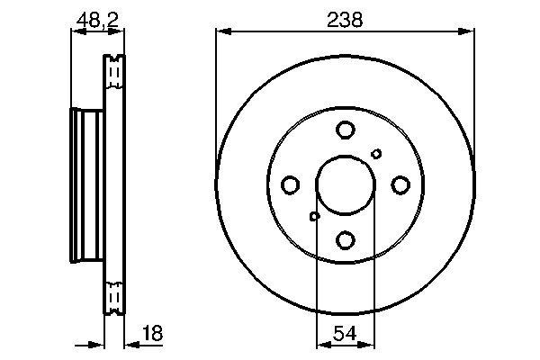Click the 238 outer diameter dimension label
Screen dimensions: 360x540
click(x=346, y=18)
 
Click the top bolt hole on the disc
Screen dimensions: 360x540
click(x=346, y=130)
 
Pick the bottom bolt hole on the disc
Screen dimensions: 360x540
click(x=346, y=239)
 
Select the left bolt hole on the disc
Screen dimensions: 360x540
click(x=291, y=185)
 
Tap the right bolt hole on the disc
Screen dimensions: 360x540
click(x=400, y=185)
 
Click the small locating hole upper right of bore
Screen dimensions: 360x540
click(x=376, y=154)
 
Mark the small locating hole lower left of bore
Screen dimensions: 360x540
click(x=314, y=216)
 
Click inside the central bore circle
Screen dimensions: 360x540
click(x=346, y=185)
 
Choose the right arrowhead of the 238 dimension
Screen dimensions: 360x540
click(x=469, y=31)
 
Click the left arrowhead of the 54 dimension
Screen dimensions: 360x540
click(x=322, y=343)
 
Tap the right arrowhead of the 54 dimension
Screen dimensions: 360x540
click(x=369, y=343)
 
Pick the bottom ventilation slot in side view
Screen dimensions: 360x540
click(x=113, y=297)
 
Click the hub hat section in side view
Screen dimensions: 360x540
click(x=86, y=185)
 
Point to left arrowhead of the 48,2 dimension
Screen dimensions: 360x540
click(x=76, y=31)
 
